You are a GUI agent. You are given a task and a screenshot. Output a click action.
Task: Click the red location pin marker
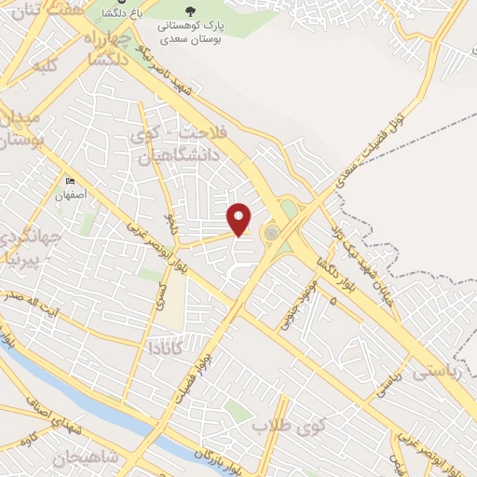(x=240, y=219)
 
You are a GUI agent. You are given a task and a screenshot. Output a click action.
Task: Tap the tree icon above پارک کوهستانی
(x=190, y=12)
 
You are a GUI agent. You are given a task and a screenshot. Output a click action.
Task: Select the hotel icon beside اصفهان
(x=70, y=182)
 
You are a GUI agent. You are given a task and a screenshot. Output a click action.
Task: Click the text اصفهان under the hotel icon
(x=70, y=197)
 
